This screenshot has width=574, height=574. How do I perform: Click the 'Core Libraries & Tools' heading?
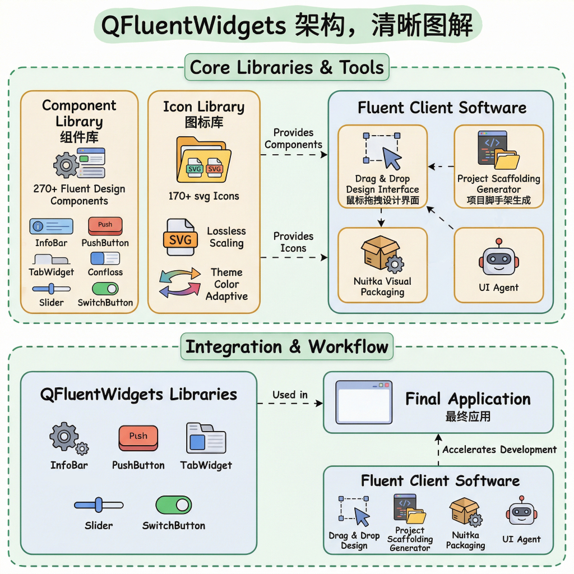[287, 67]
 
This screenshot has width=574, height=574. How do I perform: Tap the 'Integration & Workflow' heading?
[287, 346]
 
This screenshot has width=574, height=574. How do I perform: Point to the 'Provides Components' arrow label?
[293, 138]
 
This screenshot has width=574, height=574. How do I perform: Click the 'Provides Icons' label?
[293, 242]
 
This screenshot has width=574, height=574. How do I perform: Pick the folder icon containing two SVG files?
[203, 160]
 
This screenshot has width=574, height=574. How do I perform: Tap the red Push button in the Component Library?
[105, 225]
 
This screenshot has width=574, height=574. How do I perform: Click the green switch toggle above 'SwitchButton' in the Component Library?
[105, 289]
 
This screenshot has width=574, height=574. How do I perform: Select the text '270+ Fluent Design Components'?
[79, 195]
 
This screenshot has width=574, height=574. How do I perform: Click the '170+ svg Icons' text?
[203, 196]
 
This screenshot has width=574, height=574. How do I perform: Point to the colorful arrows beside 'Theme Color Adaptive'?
[180, 282]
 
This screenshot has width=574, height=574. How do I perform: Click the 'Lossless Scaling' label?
[226, 237]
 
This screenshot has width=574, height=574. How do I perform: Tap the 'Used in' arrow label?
[290, 395]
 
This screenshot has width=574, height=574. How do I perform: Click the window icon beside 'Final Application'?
[363, 402]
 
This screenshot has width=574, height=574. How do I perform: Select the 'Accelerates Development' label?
[499, 450]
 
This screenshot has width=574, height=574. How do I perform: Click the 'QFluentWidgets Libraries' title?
[138, 394]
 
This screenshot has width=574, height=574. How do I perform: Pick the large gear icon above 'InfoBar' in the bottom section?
[64, 436]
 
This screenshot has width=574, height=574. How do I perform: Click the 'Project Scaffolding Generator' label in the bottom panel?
[410, 539]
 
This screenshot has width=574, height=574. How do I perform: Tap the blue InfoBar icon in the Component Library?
[51, 226]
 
